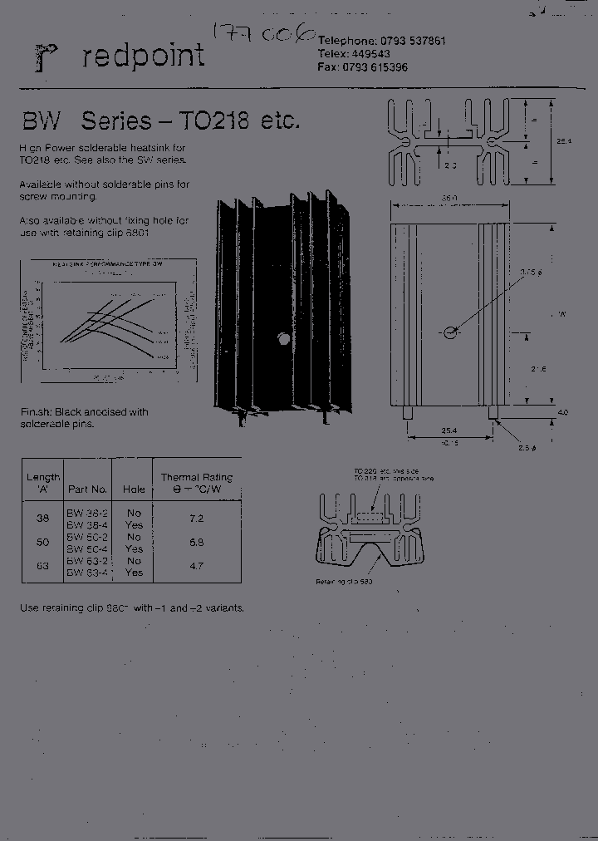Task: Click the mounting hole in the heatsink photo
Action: pyautogui.click(x=283, y=339)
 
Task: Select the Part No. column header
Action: pyautogui.click(x=87, y=489)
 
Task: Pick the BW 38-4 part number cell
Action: pyautogui.click(x=88, y=525)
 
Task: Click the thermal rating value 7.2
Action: pyautogui.click(x=196, y=519)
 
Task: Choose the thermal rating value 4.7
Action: pyautogui.click(x=196, y=566)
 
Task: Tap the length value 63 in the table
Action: pyautogui.click(x=43, y=566)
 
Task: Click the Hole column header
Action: pyautogui.click(x=134, y=489)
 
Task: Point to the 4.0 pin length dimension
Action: pyautogui.click(x=564, y=412)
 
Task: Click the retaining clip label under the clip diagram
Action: pyautogui.click(x=343, y=582)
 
